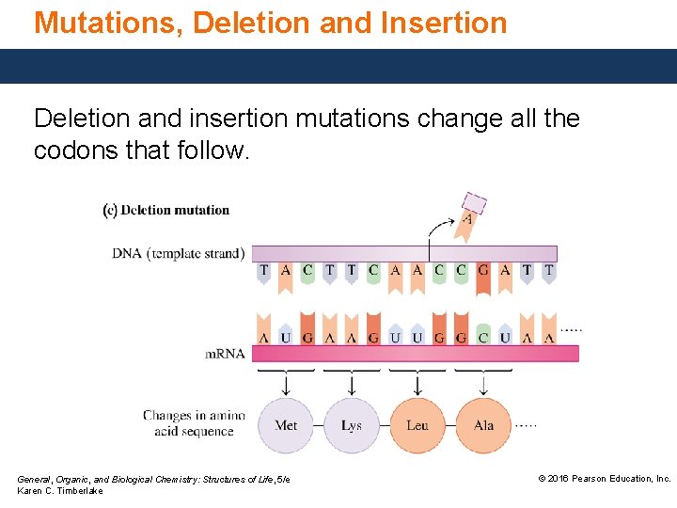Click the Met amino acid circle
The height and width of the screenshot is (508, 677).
pos(286,426)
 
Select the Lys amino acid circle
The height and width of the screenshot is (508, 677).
pos(352,426)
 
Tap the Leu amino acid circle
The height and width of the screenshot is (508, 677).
pos(417,426)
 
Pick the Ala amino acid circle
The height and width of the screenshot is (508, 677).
pos(483,426)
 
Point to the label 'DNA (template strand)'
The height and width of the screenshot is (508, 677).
pos(179,253)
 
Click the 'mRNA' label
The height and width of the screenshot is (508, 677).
pos(226,354)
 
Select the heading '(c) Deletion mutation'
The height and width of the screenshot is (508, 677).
pos(166,209)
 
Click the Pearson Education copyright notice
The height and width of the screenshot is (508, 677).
pos(604,479)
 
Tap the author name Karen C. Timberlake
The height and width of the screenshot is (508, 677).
pos(60,491)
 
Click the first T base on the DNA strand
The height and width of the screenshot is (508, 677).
pos(264,270)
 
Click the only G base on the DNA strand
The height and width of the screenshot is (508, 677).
pos(483,270)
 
